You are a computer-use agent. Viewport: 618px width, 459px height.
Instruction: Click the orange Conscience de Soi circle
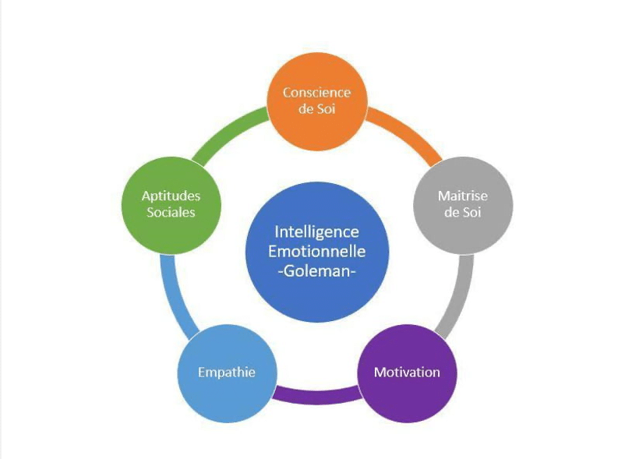(317, 101)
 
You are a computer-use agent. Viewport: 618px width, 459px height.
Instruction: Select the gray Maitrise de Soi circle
(463, 205)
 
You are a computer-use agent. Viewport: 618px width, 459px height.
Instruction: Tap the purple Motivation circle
(407, 373)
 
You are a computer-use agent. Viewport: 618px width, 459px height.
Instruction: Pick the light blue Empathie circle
(227, 373)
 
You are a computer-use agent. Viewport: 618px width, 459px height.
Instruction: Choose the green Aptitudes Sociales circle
(171, 205)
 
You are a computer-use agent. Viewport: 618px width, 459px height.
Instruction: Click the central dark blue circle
(317, 252)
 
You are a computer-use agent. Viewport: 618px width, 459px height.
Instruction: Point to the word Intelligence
(317, 231)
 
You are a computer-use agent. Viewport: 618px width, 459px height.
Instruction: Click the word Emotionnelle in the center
(317, 252)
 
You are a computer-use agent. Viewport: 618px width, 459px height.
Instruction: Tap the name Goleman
(317, 271)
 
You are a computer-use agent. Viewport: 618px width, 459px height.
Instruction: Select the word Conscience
(317, 93)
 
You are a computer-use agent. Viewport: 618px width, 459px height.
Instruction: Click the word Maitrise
(463, 196)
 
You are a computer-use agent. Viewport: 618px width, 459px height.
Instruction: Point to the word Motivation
(407, 372)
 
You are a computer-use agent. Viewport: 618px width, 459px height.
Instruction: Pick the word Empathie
(227, 372)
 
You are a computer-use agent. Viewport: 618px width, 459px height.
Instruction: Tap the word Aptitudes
(171, 196)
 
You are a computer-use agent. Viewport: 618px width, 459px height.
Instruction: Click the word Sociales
(171, 213)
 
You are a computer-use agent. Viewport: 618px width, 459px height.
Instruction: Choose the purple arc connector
(317, 396)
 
